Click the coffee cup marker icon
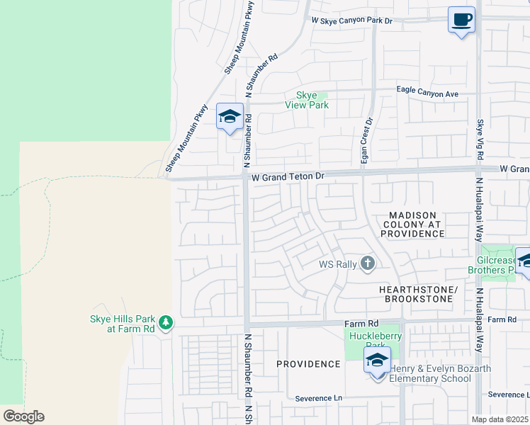461,20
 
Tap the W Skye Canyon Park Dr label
352,21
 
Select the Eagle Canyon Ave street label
427,93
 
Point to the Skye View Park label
307,100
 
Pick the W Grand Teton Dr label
283,175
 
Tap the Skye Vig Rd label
480,138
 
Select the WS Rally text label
336,265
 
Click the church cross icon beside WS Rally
367,264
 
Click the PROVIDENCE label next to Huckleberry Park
308,364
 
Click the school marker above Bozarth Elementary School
377,360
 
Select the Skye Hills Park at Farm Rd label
123,324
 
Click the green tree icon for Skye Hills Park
166,323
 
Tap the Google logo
23,416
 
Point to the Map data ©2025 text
500,419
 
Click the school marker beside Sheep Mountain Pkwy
230,116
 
